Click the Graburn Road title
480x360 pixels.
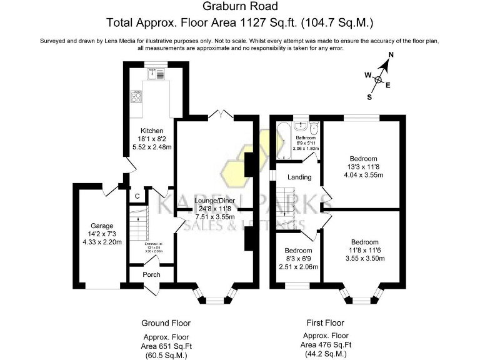tap(240, 7)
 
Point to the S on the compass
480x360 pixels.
tap(369, 97)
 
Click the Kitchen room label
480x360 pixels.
tap(152, 131)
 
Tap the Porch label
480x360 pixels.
tap(151, 274)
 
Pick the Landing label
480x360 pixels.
tap(299, 177)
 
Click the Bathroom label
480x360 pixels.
tap(306, 137)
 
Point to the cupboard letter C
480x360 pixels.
tap(136, 196)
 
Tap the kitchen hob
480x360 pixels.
tap(136, 97)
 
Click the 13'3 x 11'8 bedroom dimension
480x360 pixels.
tap(364, 167)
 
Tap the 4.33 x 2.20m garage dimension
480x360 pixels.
tap(101, 242)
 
